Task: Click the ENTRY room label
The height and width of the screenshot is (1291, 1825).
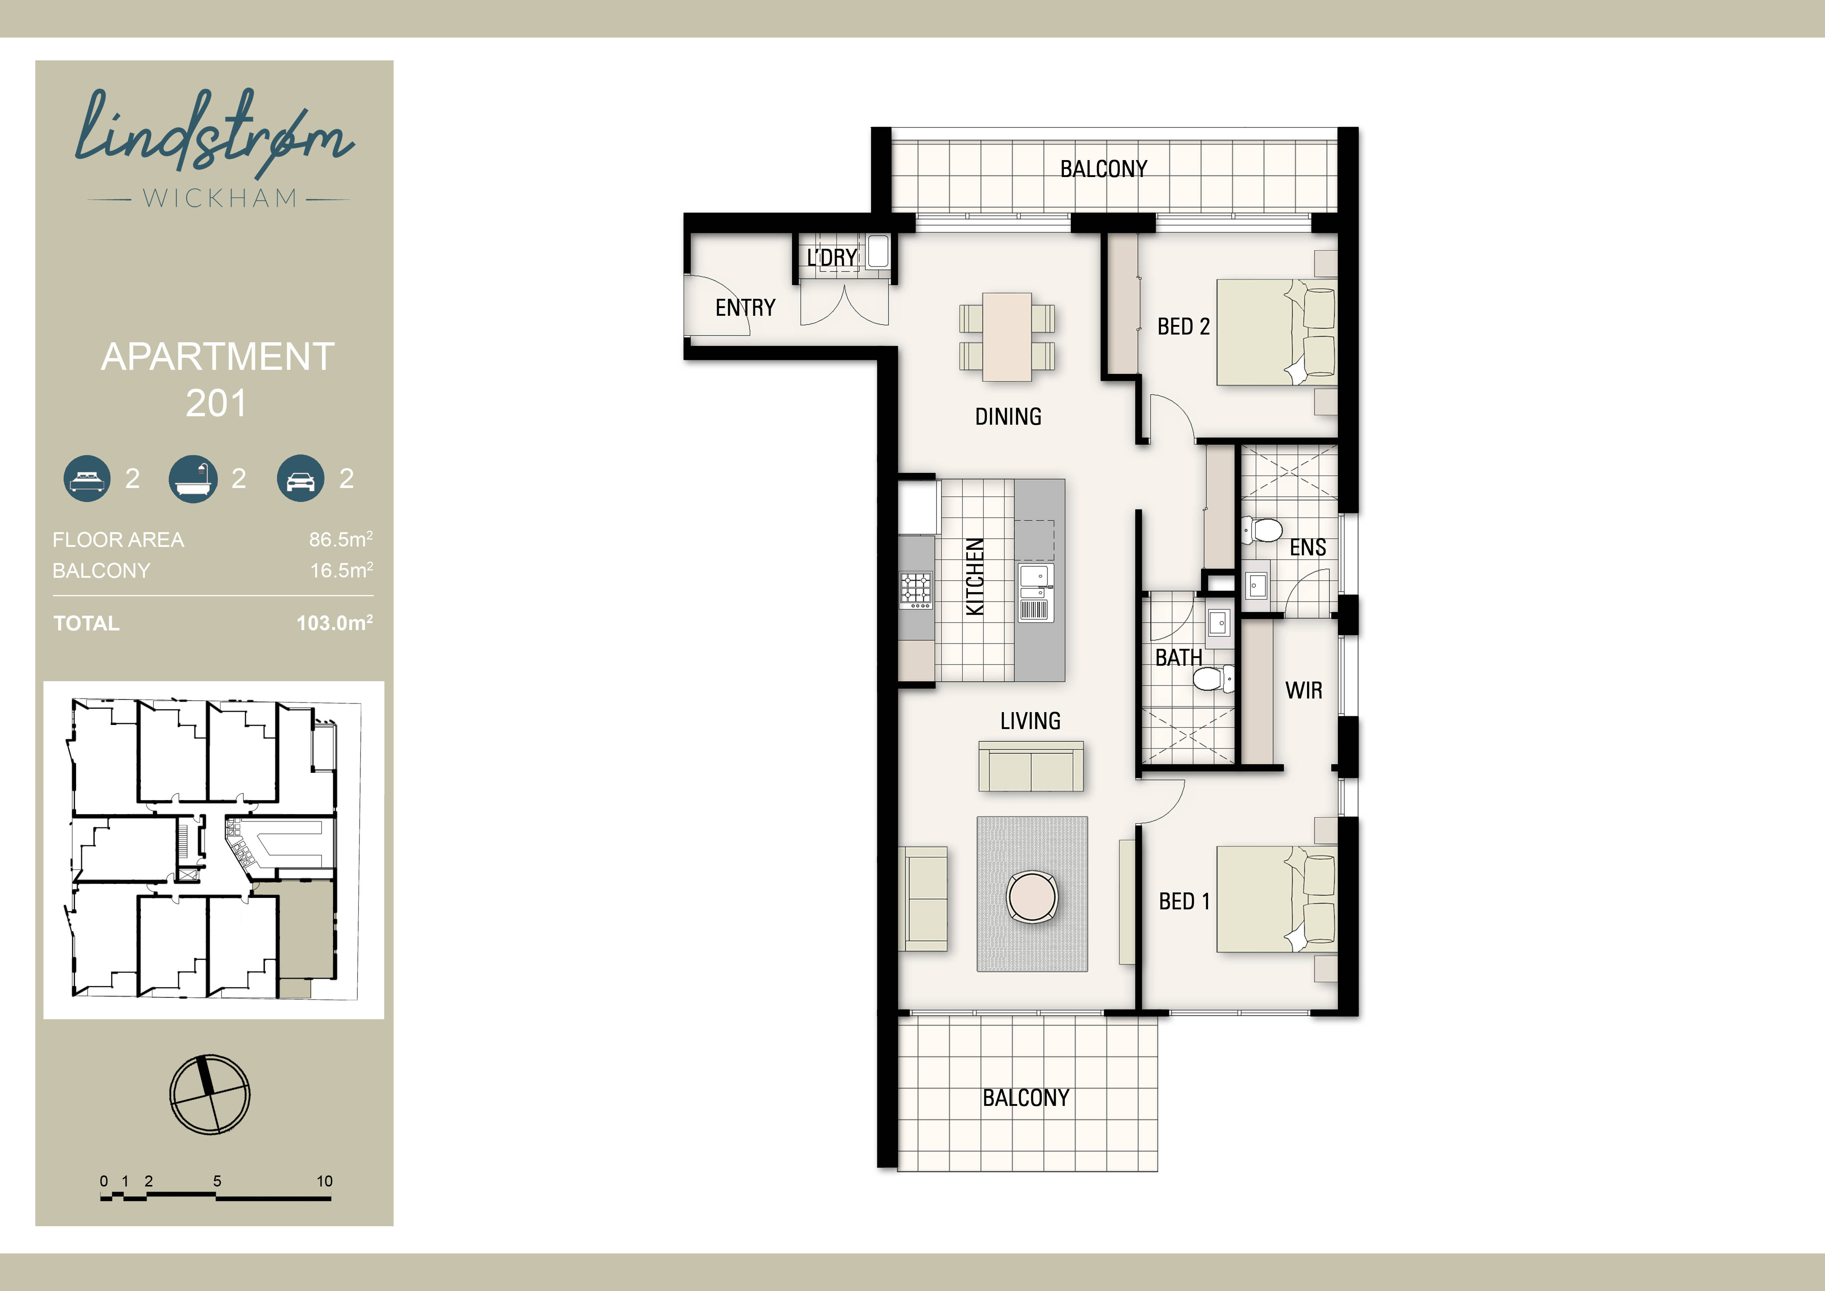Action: pyautogui.click(x=745, y=308)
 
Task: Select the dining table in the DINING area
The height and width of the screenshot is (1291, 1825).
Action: pyautogui.click(x=1007, y=337)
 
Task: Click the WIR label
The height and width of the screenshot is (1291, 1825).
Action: pyautogui.click(x=1304, y=690)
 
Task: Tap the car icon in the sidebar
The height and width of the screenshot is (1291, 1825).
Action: pyautogui.click(x=301, y=478)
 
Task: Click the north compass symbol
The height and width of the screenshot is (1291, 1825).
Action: pyautogui.click(x=210, y=1094)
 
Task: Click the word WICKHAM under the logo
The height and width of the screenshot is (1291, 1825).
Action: pyautogui.click(x=219, y=198)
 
